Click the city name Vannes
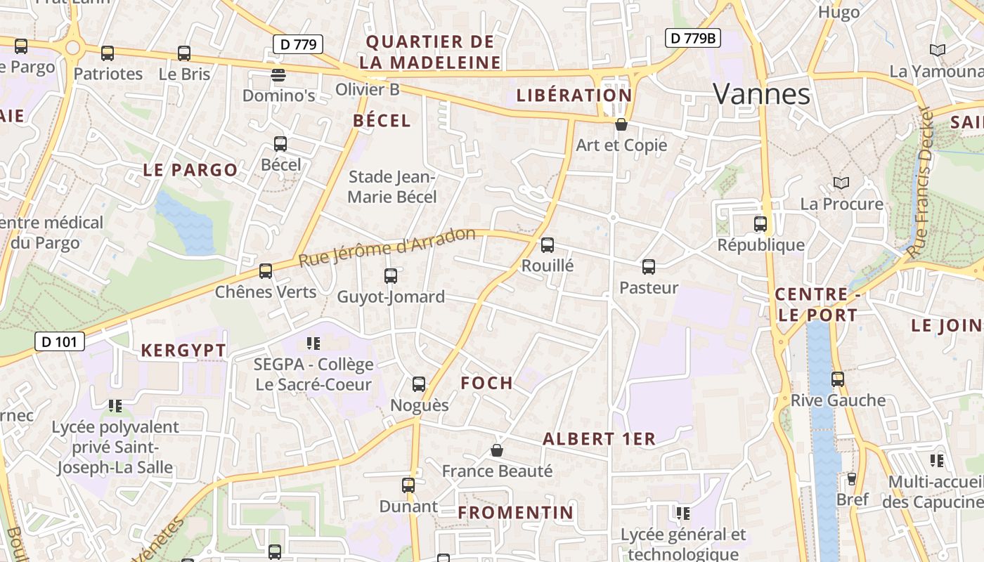coord(762,94)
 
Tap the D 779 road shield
coord(297,44)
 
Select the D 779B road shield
coord(692,38)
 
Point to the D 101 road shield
coord(60,342)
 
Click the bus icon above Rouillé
coord(548,245)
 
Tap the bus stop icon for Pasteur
coord(649,267)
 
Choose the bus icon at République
coord(760,224)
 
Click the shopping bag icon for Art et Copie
coord(621,125)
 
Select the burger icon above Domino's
coord(279,74)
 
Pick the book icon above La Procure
coord(841,183)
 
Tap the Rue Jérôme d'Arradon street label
coord(387,247)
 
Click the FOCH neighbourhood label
coord(486,383)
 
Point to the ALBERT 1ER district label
coord(599,439)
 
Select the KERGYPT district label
coord(183,351)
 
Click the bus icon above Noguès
coord(419,384)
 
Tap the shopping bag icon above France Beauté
coord(497,450)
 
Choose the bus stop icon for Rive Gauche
coord(838,379)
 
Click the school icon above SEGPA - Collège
coord(313,344)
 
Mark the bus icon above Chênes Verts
coord(266,270)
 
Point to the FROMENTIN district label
coord(516,513)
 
